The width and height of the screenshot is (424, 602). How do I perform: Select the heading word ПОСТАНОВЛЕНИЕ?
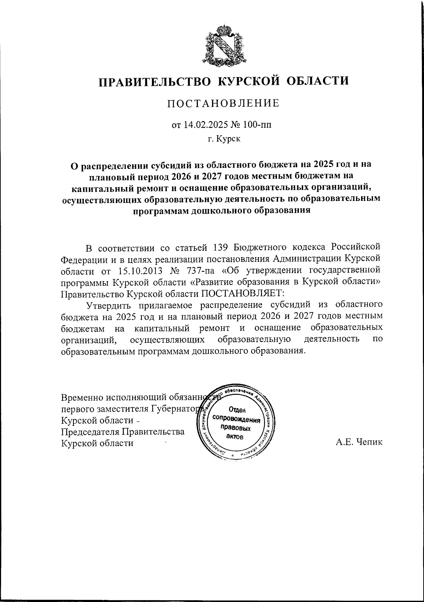point(223,103)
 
